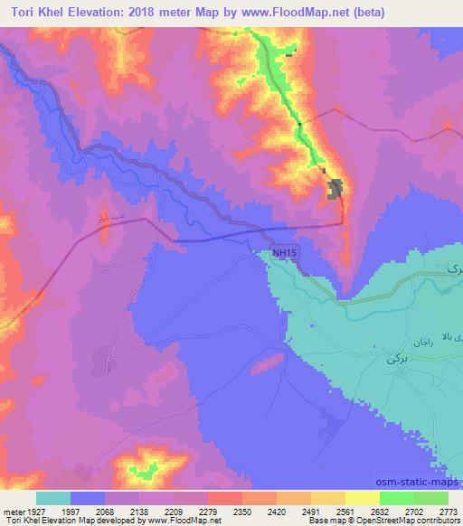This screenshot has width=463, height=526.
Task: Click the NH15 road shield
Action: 283,257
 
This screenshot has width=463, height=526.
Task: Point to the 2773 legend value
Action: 447,512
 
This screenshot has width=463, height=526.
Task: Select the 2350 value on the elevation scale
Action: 241,512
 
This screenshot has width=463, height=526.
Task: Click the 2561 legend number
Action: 344,512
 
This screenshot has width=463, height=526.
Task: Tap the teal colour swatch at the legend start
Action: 53,498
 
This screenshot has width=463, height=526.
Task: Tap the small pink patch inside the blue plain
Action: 265,363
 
